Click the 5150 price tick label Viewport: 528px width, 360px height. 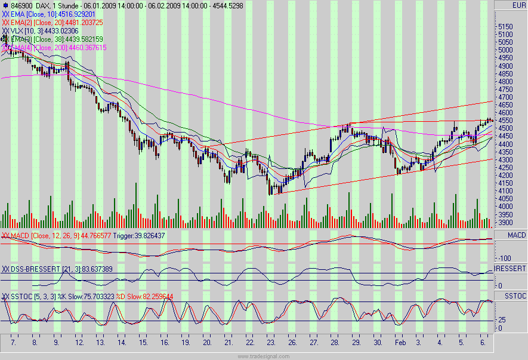(505, 26)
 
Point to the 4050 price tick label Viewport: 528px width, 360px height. (505, 199)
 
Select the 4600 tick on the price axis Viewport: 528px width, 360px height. (505, 112)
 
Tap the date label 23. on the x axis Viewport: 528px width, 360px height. (271, 344)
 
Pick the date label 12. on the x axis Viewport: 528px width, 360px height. (78, 344)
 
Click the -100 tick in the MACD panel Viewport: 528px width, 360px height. (505, 257)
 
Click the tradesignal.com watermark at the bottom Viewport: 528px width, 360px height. (264, 356)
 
